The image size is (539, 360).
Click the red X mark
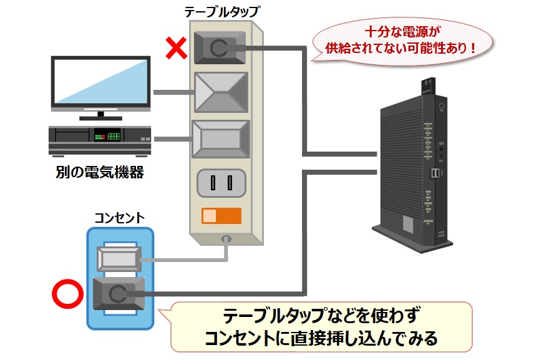[177, 47]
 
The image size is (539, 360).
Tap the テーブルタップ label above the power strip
[221, 11]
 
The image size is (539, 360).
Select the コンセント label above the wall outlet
[119, 217]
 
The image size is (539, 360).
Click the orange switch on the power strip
[221, 215]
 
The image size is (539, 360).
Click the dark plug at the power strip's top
[219, 47]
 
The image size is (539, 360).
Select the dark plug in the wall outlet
[119, 291]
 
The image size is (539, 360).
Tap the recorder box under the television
[100, 139]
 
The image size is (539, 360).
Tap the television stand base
[101, 116]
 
